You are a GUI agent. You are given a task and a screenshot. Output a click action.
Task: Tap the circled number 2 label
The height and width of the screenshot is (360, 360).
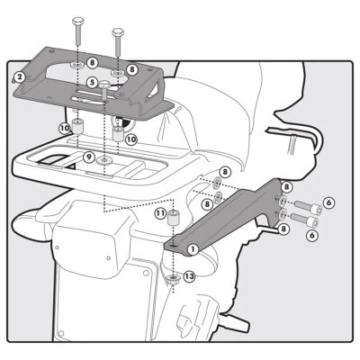(x=19, y=77)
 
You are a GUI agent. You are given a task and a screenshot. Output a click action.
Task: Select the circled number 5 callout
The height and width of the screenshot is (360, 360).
(x=92, y=82)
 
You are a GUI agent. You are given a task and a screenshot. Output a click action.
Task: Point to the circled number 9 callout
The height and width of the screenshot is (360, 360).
(x=88, y=157)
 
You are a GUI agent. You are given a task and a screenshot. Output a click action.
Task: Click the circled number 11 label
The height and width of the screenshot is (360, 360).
(x=159, y=214)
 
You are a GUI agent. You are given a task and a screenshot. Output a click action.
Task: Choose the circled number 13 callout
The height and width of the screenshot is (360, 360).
(x=187, y=277)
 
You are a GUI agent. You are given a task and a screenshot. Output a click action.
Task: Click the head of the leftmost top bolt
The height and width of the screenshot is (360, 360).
(x=76, y=20)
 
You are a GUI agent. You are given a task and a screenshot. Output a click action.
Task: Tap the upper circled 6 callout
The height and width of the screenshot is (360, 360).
(x=328, y=202)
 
